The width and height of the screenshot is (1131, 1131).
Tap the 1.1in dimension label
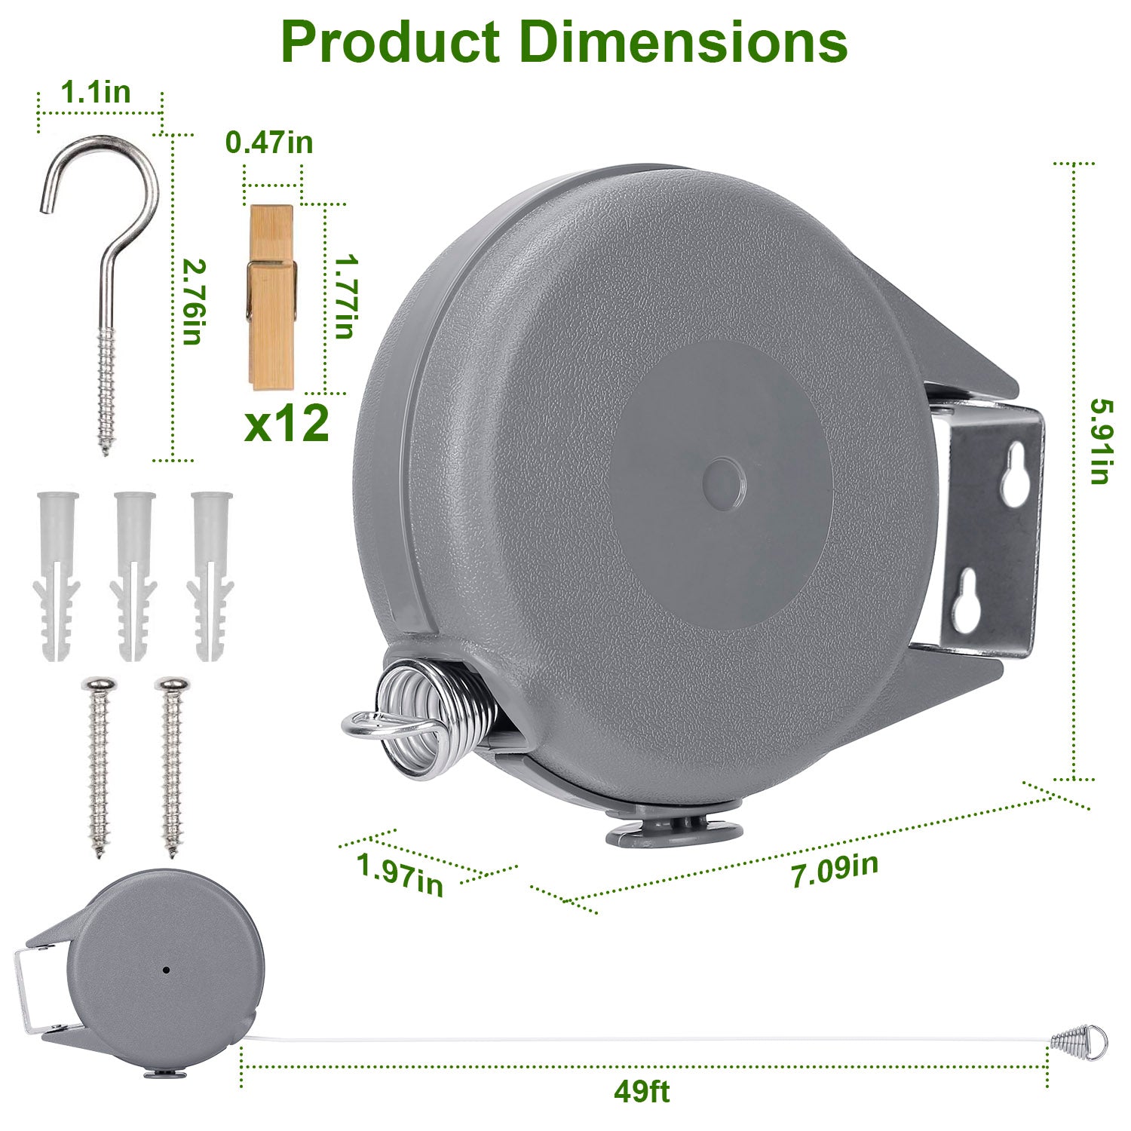click(x=95, y=92)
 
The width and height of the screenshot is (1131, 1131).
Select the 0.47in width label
click(x=269, y=142)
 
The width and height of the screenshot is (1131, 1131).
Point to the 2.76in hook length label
click(x=192, y=302)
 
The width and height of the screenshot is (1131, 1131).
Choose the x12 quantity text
click(x=287, y=424)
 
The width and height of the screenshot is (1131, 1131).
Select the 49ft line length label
click(x=642, y=1091)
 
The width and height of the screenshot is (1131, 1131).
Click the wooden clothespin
click(x=271, y=298)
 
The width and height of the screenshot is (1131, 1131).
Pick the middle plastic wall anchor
click(x=134, y=577)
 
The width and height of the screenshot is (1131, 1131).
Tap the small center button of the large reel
click(x=722, y=483)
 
